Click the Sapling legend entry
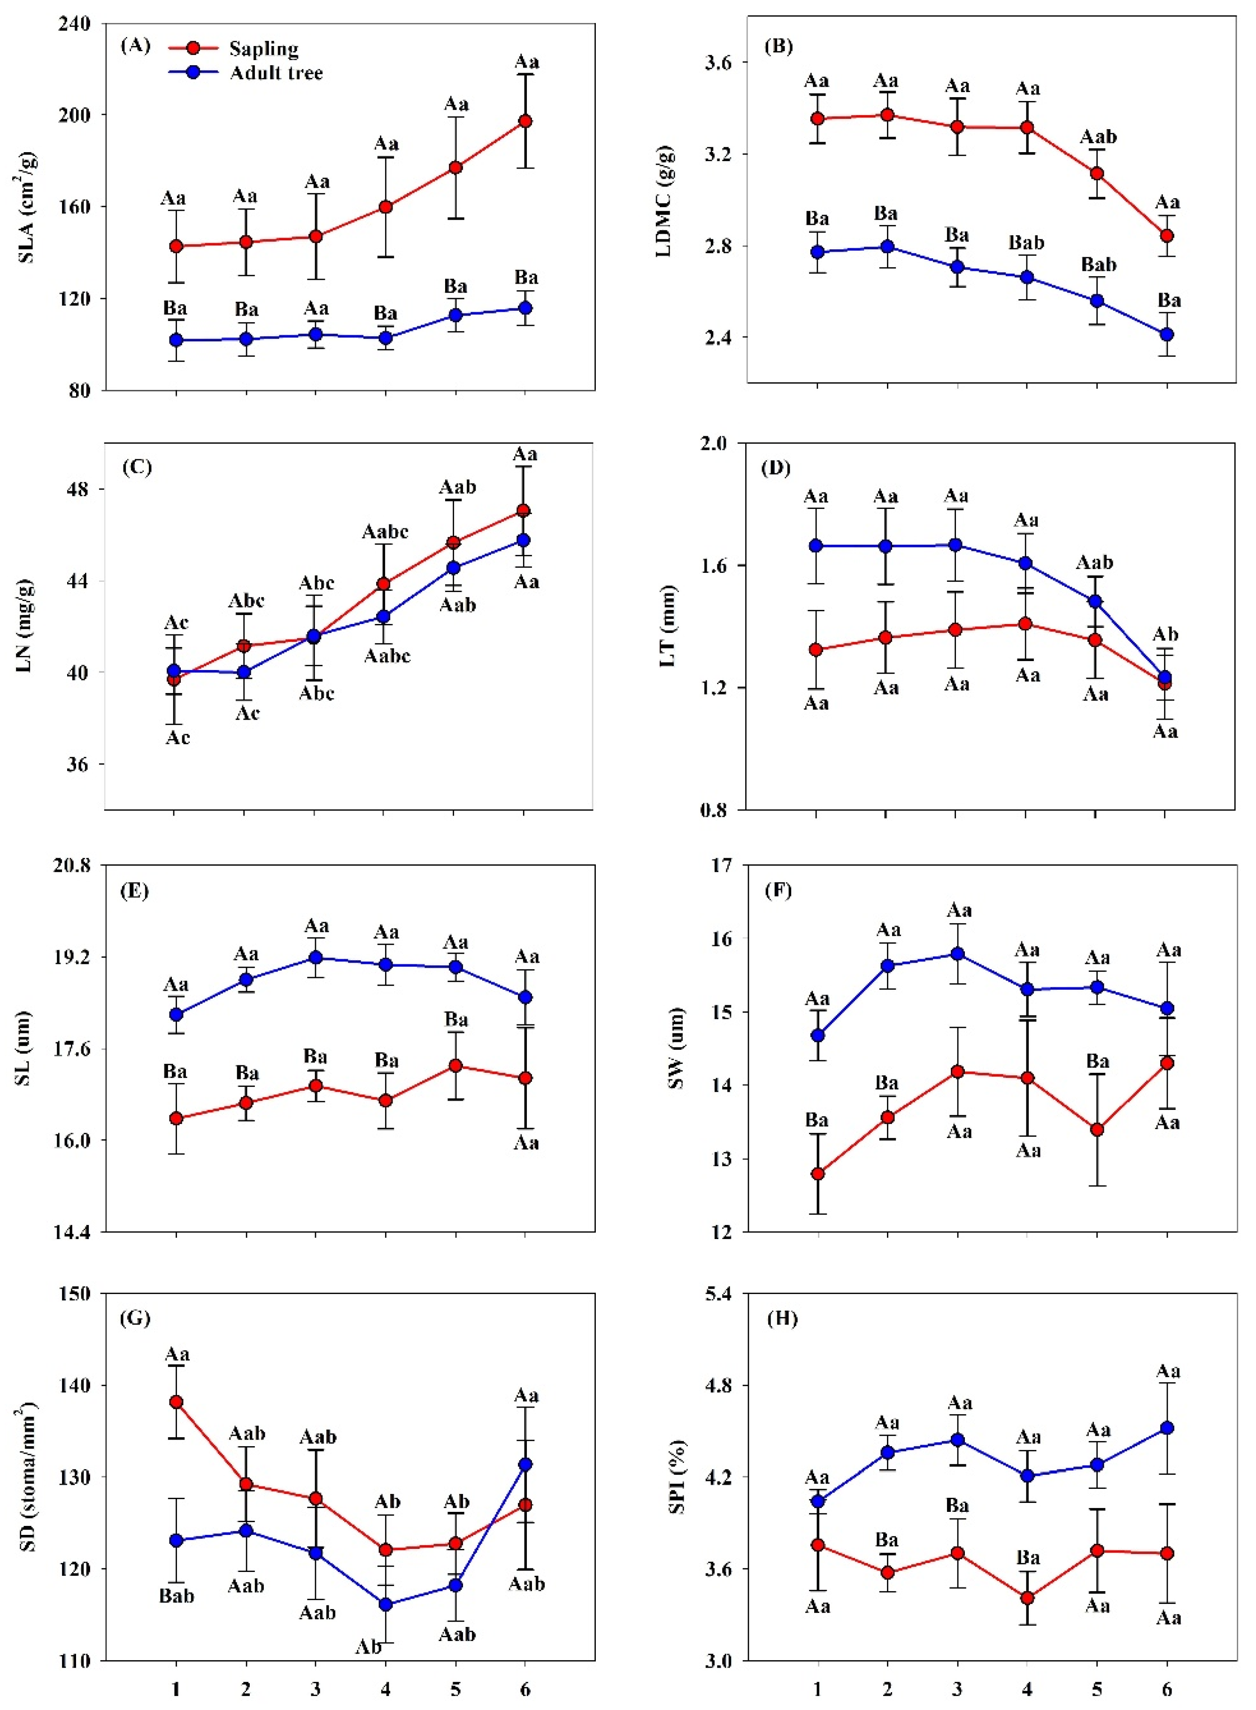pos(263,49)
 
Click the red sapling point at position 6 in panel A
pos(524,121)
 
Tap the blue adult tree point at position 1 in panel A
pos(177,340)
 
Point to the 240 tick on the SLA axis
pos(75,23)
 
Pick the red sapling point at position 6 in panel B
pos(1166,236)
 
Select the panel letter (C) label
pos(137,467)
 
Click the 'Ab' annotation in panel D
pos(1165,635)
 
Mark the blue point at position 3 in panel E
pos(316,957)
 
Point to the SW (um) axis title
pos(675,1048)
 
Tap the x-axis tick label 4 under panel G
pos(385,1689)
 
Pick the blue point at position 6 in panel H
pos(1166,1428)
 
